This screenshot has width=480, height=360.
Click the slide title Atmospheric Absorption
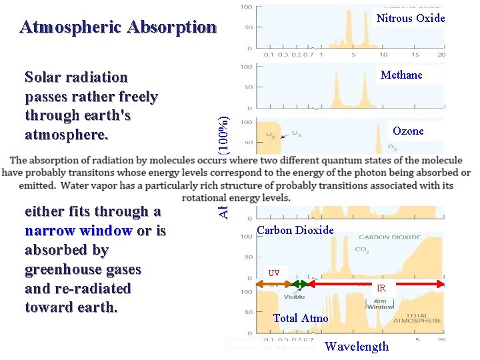pos(118,27)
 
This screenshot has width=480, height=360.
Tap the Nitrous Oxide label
pos(410,19)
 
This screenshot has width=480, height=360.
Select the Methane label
pos(401,75)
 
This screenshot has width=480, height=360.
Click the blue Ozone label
pos(408,131)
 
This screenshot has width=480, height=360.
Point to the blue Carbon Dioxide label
pos(295,231)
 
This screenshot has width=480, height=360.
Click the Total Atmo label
pos(301,319)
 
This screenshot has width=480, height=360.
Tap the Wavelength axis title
pos(356,347)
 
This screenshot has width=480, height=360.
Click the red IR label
pos(381,289)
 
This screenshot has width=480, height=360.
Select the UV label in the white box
pos(274,273)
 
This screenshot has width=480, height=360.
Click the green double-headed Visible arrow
pos(300,285)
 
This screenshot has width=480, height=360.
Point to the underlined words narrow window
pos(79,231)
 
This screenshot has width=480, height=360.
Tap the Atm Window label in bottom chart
pos(380,304)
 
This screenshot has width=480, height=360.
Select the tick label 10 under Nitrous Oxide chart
pos(383,55)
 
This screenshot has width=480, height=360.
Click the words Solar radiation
pos(76,78)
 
